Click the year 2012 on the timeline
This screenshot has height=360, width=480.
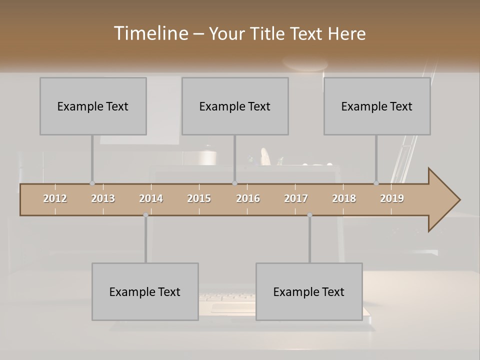[55, 198]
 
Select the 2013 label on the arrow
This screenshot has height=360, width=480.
[103, 198]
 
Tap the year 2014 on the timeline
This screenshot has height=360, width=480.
[151, 198]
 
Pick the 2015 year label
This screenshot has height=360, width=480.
[199, 198]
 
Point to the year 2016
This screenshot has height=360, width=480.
[248, 198]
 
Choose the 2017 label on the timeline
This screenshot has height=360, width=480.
[296, 198]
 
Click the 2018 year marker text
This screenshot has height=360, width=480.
[344, 198]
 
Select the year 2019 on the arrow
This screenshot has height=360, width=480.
[392, 198]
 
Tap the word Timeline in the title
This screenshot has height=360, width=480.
[150, 33]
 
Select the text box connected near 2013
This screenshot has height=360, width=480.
[93, 106]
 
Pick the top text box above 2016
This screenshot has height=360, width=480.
[235, 106]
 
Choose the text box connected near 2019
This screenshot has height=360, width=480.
[377, 106]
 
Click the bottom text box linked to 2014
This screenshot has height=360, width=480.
[145, 291]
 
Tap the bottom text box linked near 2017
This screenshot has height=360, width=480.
[309, 291]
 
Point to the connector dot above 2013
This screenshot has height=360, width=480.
[92, 183]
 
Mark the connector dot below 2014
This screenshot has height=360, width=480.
[145, 215]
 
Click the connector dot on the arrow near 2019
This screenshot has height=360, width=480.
[376, 183]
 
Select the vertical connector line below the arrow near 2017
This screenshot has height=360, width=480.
[309, 239]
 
